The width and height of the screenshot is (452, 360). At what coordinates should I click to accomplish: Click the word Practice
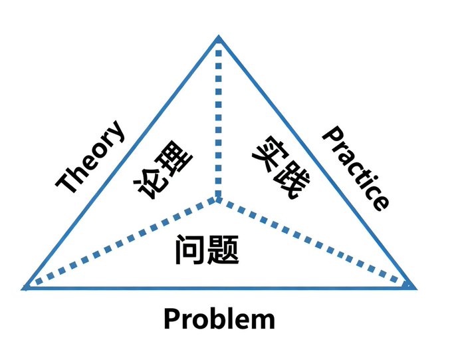(355, 168)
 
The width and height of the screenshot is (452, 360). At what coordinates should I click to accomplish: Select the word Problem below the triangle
(219, 319)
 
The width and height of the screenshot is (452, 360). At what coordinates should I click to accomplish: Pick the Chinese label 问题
(207, 249)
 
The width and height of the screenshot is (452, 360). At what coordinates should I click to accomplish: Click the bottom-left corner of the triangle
(25, 287)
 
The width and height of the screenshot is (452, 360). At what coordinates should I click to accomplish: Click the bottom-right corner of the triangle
(413, 287)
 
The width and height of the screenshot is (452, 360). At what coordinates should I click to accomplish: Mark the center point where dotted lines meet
(217, 198)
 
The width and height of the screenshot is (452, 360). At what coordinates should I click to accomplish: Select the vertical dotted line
(217, 120)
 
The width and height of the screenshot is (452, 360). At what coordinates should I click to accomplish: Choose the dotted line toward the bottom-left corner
(120, 243)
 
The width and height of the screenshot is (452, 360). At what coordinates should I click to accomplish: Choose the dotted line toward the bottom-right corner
(316, 243)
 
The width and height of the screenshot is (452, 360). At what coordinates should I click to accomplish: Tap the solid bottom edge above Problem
(219, 288)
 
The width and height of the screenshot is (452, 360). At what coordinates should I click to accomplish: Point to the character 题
(223, 250)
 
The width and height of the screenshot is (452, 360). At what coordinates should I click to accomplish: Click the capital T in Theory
(66, 182)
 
